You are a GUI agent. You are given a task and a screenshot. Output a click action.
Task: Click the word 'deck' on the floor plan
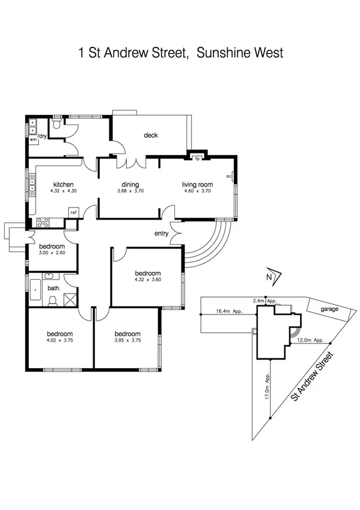(150, 135)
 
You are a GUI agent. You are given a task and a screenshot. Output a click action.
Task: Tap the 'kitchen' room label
(63, 185)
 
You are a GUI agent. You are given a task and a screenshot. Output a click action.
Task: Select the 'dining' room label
(130, 185)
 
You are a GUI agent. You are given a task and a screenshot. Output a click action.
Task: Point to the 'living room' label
(198, 185)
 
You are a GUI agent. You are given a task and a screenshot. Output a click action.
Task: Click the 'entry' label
(162, 234)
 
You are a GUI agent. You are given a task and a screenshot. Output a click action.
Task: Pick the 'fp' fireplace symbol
(197, 159)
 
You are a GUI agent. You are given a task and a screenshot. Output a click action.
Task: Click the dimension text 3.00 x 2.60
(52, 253)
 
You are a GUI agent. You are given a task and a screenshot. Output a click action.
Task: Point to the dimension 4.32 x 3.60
(147, 280)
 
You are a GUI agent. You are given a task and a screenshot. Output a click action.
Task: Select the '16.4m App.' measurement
(229, 312)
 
